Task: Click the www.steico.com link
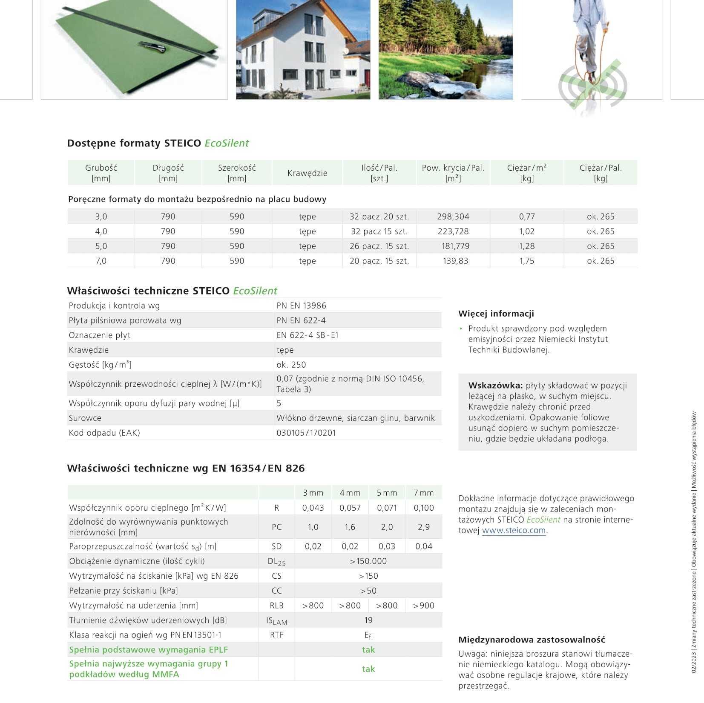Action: (514, 531)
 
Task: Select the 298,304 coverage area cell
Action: (453, 217)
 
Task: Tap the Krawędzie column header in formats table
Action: (307, 173)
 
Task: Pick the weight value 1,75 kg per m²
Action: (526, 261)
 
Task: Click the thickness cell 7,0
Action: (101, 261)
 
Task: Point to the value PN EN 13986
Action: (301, 306)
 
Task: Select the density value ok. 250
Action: (291, 365)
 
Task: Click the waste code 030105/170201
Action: (306, 433)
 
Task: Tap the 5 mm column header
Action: (387, 493)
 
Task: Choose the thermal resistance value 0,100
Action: (423, 508)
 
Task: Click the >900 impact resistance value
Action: (423, 606)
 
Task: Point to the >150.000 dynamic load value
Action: (368, 561)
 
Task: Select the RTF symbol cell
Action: (276, 635)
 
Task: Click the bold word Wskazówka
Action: (495, 386)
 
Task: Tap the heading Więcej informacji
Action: (496, 314)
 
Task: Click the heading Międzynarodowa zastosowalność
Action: (532, 640)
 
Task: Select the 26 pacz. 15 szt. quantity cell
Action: (379, 246)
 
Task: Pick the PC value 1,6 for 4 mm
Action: (350, 527)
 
